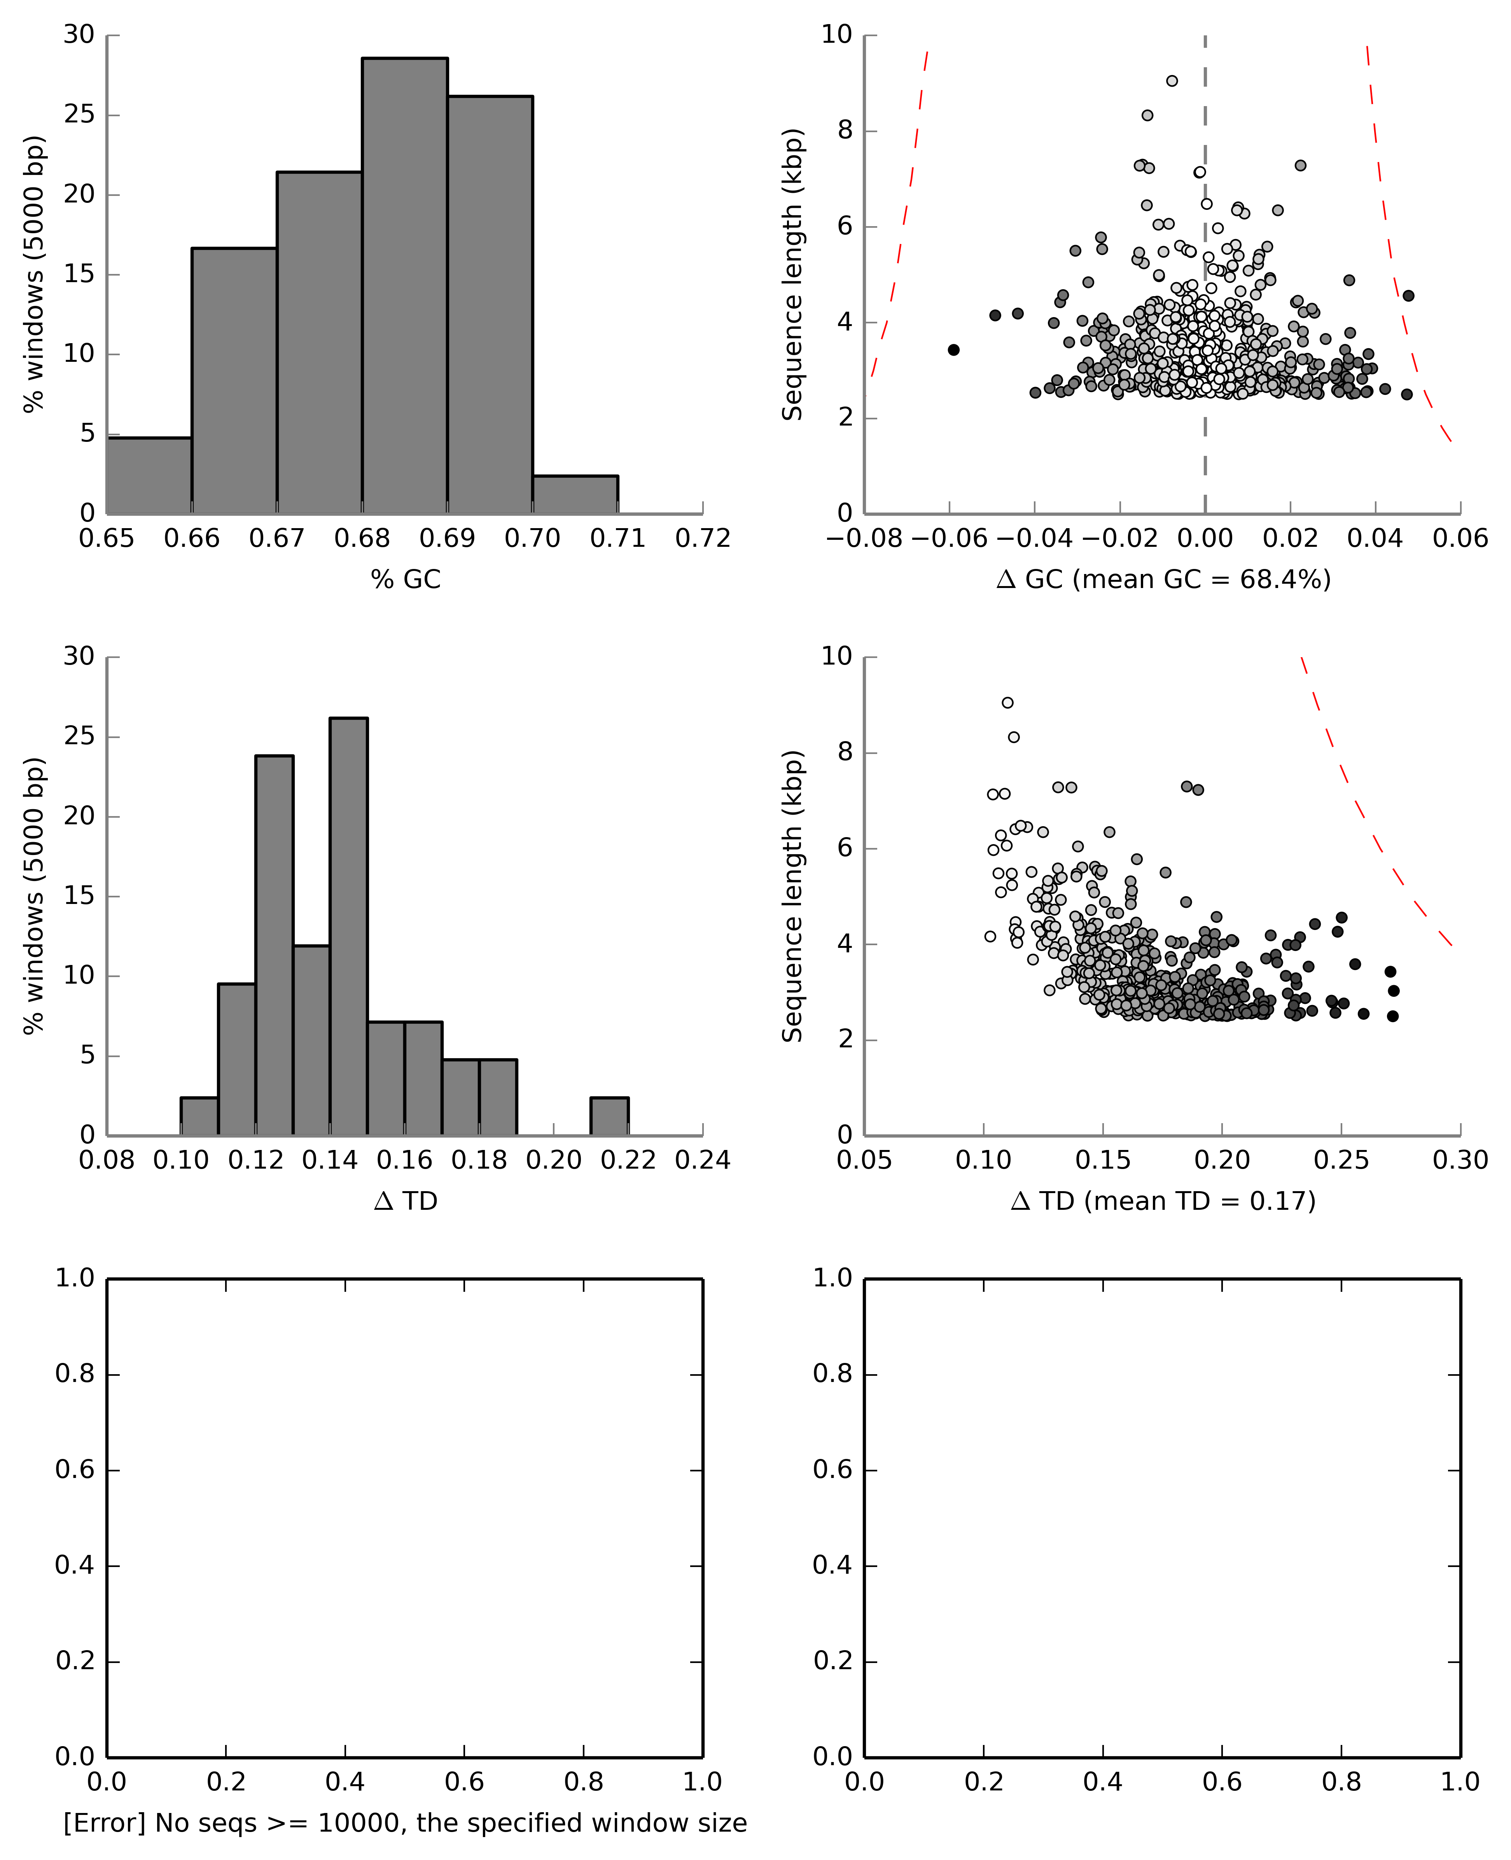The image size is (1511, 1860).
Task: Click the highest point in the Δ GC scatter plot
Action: tap(1172, 81)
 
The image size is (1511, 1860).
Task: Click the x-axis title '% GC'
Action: tap(406, 579)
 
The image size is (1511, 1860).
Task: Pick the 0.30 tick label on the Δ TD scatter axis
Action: tap(1460, 1160)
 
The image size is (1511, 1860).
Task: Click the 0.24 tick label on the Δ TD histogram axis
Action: tap(702, 1160)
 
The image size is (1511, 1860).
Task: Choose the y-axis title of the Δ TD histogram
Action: tap(33, 896)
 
